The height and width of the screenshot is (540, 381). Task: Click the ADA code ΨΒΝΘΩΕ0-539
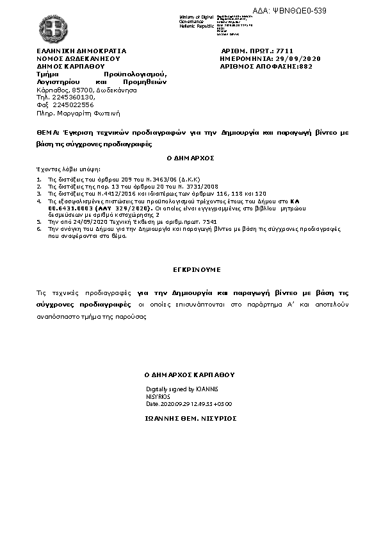(x=307, y=10)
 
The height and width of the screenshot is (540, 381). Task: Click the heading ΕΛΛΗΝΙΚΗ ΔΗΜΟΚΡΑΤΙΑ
(x=81, y=50)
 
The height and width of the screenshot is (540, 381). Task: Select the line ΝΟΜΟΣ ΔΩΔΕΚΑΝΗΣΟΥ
(x=78, y=58)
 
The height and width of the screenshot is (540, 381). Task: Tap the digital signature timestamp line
(x=189, y=404)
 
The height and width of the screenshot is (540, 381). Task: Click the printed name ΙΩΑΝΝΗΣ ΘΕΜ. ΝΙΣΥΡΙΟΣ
(x=190, y=418)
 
